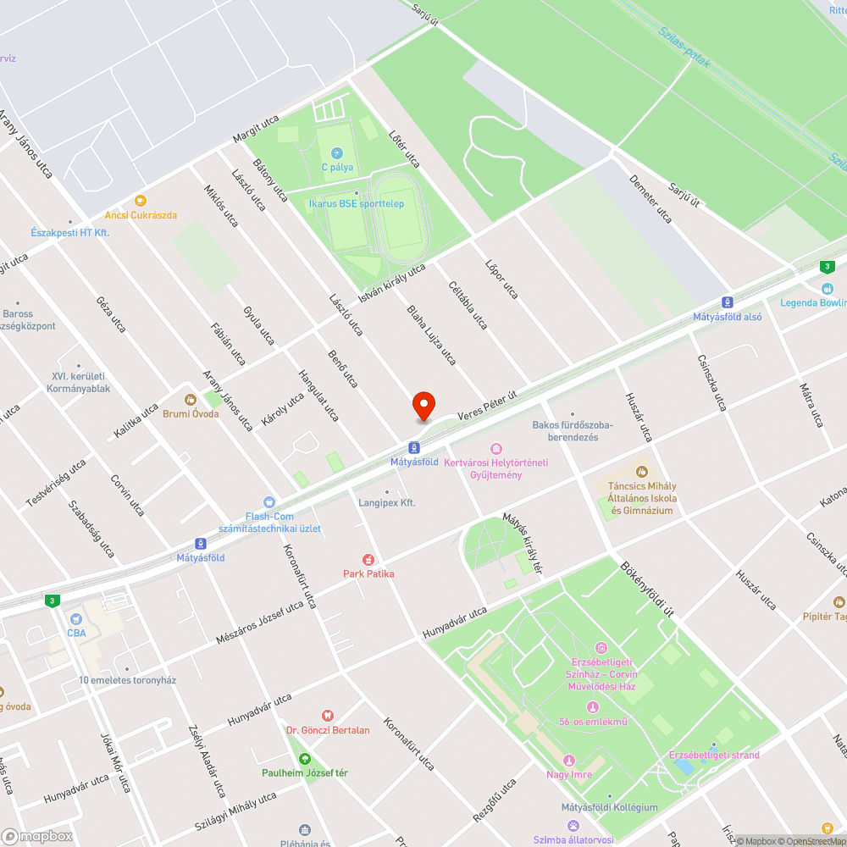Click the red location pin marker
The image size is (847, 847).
tap(423, 406)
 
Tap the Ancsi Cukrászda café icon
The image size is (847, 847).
tap(141, 201)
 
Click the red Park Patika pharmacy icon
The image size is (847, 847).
tap(368, 559)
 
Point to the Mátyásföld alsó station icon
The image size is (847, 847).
tap(728, 302)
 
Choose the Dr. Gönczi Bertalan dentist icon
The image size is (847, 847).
tap(328, 716)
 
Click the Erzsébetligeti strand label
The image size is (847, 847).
tap(714, 755)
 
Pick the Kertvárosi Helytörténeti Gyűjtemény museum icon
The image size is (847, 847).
tap(495, 448)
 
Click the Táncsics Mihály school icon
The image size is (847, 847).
tap(641, 471)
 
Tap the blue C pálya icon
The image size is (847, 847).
tap(337, 153)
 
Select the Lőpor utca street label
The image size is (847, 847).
tap(501, 280)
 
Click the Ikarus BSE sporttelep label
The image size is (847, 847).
tap(356, 203)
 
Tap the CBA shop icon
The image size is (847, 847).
tap(76, 618)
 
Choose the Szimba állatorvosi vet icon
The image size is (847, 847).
tap(573, 826)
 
